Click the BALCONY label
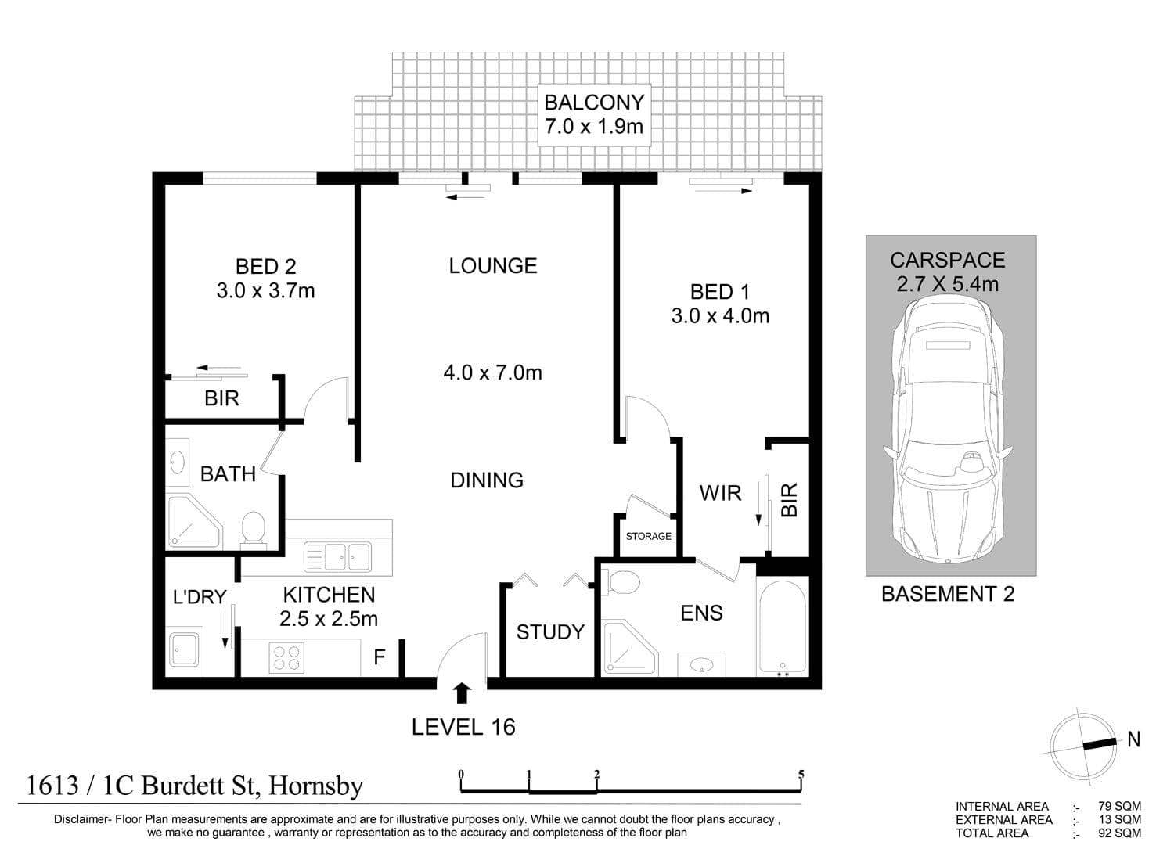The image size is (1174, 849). point(594,103)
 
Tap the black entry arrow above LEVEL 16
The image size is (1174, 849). point(462,693)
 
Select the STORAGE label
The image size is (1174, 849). point(648,536)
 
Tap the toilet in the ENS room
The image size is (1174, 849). point(621,582)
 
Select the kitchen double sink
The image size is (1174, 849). point(337,556)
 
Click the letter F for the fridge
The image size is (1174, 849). point(380,657)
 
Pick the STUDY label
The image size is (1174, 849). point(550,632)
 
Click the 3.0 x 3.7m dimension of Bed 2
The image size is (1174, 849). point(266,291)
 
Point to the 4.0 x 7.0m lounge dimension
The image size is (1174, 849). point(492,372)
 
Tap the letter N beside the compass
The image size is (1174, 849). point(1133,739)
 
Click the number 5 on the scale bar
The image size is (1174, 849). point(801,774)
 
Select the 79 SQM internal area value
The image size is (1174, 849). point(1119,807)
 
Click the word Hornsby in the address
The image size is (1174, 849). point(316,786)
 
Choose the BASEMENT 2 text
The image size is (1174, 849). point(948,595)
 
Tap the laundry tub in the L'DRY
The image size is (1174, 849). point(183,650)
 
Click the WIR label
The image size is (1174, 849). point(720,493)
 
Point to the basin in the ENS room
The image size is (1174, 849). point(701,664)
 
